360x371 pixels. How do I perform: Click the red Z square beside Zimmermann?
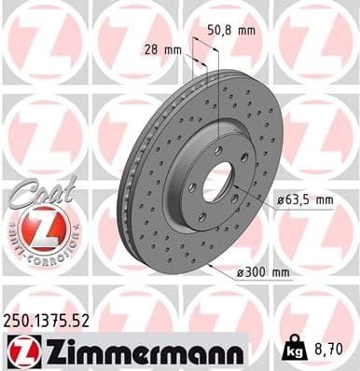tap(21, 350)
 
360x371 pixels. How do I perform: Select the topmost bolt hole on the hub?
tap(218, 149)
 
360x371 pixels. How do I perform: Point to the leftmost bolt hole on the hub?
tap(192, 187)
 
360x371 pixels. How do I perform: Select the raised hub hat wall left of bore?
tap(177, 172)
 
